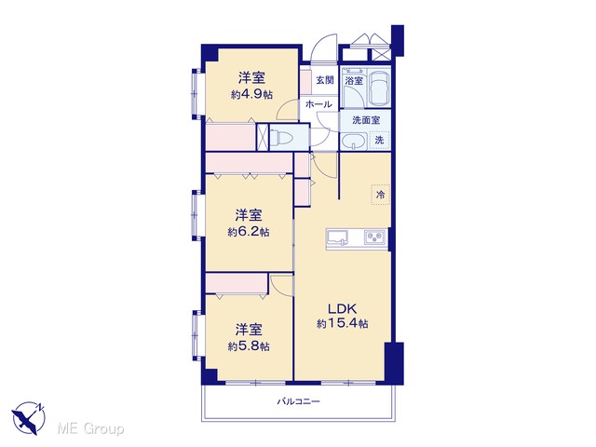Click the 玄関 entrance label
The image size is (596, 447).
pyautogui.click(x=325, y=80)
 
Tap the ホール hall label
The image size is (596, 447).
pyautogui.click(x=318, y=103)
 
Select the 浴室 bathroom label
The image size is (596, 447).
pyautogui.click(x=354, y=81)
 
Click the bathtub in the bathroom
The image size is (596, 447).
pyautogui.click(x=379, y=87)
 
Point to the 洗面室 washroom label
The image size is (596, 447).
pyautogui.click(x=366, y=120)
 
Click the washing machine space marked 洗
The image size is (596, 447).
pyautogui.click(x=379, y=140)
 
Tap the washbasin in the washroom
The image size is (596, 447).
pyautogui.click(x=354, y=142)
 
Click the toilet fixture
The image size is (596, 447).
pyautogui.click(x=281, y=137)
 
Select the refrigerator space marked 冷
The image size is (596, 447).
pyautogui.click(x=381, y=195)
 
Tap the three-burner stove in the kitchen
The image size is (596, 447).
pyautogui.click(x=375, y=237)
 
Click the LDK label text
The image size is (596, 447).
pyautogui.click(x=342, y=308)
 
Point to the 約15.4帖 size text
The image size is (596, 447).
pyautogui.click(x=343, y=324)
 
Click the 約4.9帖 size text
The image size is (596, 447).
pyautogui.click(x=252, y=94)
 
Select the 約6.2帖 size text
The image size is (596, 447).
pyautogui.click(x=249, y=232)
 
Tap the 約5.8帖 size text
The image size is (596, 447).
pyautogui.click(x=249, y=346)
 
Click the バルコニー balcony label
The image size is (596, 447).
pyautogui.click(x=298, y=401)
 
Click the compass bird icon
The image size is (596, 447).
pyautogui.click(x=28, y=418)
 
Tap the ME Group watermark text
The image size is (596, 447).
pyautogui.click(x=90, y=429)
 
